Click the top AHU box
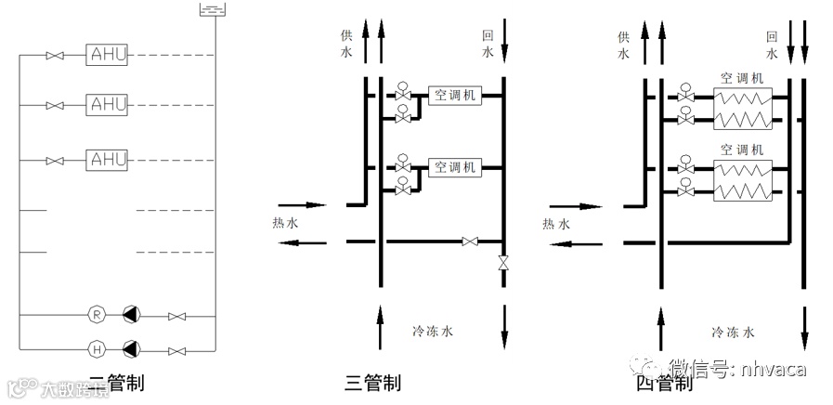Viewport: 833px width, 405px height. [x=108, y=55]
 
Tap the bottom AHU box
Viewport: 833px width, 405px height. [x=108, y=160]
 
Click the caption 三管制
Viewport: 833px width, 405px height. [x=372, y=382]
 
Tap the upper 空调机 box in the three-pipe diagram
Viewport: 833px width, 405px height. [x=454, y=96]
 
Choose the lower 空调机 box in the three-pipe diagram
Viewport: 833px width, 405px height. [x=454, y=168]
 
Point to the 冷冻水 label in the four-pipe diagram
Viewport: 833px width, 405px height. [x=733, y=331]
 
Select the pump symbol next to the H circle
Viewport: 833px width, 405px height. [x=132, y=349]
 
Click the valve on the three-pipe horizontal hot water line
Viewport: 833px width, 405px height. [x=470, y=242]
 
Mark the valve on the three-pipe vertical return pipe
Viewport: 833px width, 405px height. [x=503, y=263]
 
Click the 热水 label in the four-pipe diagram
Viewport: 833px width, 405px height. [x=556, y=224]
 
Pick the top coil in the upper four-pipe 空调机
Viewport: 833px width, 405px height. [x=741, y=97]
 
